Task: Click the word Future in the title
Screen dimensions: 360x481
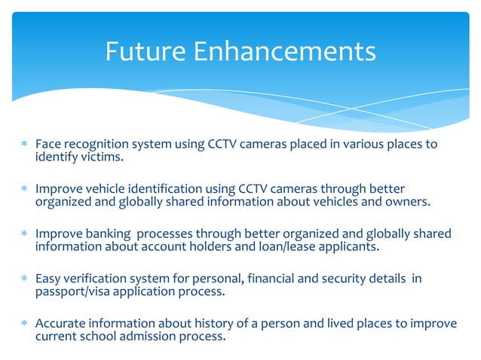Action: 145,51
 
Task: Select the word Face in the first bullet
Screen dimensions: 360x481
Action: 47,144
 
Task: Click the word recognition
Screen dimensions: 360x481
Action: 94,144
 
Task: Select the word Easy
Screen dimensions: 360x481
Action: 48,279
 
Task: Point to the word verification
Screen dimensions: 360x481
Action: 96,279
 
